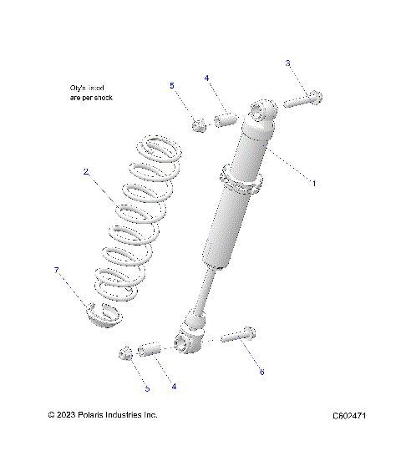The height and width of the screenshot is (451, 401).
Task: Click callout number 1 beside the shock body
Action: pos(313,182)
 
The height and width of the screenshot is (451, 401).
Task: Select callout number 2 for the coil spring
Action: pos(85,171)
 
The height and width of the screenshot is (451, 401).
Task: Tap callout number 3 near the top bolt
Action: pos(288,63)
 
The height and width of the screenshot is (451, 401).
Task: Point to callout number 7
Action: pos(57,270)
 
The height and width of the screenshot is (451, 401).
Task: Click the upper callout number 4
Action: pos(206,78)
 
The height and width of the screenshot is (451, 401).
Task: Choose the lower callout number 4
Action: pos(173,386)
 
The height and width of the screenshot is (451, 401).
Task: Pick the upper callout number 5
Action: pos(172,85)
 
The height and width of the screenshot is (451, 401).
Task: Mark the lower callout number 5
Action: pos(147,388)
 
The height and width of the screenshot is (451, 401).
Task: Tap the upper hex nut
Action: pos(199,126)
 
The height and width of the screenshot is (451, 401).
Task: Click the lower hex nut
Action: pos(126,353)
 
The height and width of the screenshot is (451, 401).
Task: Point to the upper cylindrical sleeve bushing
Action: pos(224,122)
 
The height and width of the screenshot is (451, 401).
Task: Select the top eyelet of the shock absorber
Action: pos(262,111)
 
